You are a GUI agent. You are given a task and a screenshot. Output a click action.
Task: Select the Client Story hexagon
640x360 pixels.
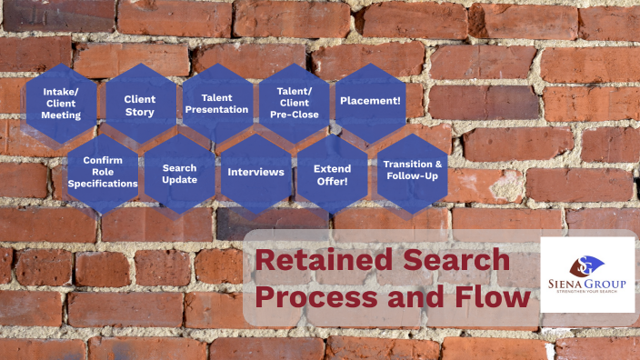(x=139, y=105)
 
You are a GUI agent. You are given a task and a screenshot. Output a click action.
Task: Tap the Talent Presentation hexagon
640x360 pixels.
(x=216, y=103)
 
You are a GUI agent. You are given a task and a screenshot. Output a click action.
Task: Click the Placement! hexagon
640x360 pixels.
(x=371, y=100)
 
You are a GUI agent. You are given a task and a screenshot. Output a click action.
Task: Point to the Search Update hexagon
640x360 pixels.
(x=179, y=174)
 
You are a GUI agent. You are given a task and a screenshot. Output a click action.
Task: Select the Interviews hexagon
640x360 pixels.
(x=255, y=172)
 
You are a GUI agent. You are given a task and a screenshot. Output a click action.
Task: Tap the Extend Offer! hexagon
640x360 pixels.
(x=332, y=175)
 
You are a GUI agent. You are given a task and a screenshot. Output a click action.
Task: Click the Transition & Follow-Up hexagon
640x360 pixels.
(x=412, y=170)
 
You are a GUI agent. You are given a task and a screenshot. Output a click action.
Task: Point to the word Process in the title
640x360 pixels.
(x=309, y=296)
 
